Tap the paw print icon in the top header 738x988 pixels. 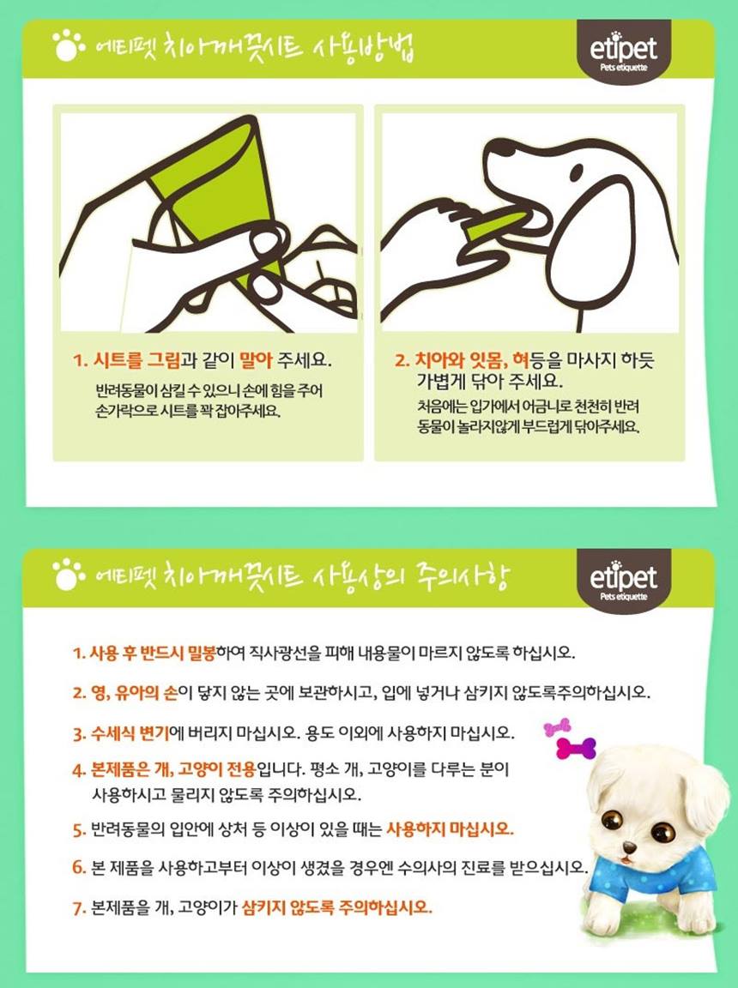pyautogui.click(x=68, y=46)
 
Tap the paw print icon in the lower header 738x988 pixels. pyautogui.click(x=68, y=575)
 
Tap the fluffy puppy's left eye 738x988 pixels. pyautogui.click(x=611, y=820)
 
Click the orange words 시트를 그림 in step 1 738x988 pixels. pyautogui.click(x=136, y=360)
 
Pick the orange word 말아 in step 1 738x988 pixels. pyautogui.click(x=256, y=360)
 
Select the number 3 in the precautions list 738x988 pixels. pyautogui.click(x=79, y=734)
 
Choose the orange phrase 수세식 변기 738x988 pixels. pyautogui.click(x=130, y=733)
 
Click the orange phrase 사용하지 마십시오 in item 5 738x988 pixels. pyautogui.click(x=450, y=828)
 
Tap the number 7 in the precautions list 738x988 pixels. pyautogui.click(x=79, y=908)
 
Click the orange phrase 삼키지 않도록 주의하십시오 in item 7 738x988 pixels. pyautogui.click(x=337, y=908)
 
